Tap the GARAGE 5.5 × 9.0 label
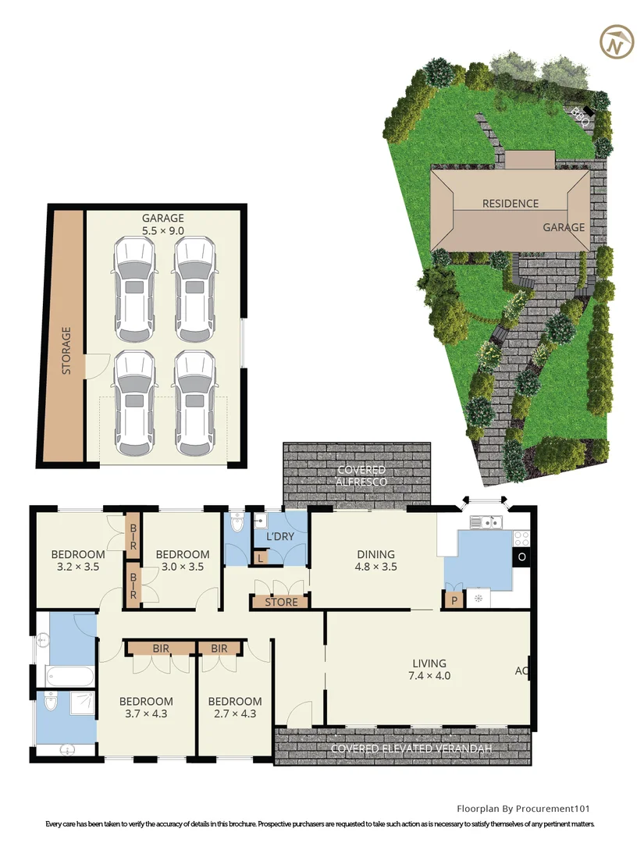pyautogui.click(x=162, y=225)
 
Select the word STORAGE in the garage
pyautogui.click(x=66, y=350)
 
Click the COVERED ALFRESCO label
pyautogui.click(x=361, y=475)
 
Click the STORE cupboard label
pyautogui.click(x=281, y=602)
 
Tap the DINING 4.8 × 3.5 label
pyautogui.click(x=375, y=560)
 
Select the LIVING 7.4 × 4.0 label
pyautogui.click(x=430, y=670)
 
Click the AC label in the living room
pyautogui.click(x=521, y=670)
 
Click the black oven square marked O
pyautogui.click(x=521, y=557)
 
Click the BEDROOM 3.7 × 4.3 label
pyautogui.click(x=146, y=707)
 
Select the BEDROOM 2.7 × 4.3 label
pyautogui.click(x=235, y=707)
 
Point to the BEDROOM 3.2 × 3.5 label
pyautogui.click(x=77, y=560)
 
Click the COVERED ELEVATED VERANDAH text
pyautogui.click(x=411, y=749)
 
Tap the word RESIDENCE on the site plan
pyautogui.click(x=510, y=204)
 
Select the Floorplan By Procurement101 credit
pyautogui.click(x=528, y=808)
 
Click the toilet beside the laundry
pyautogui.click(x=237, y=524)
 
